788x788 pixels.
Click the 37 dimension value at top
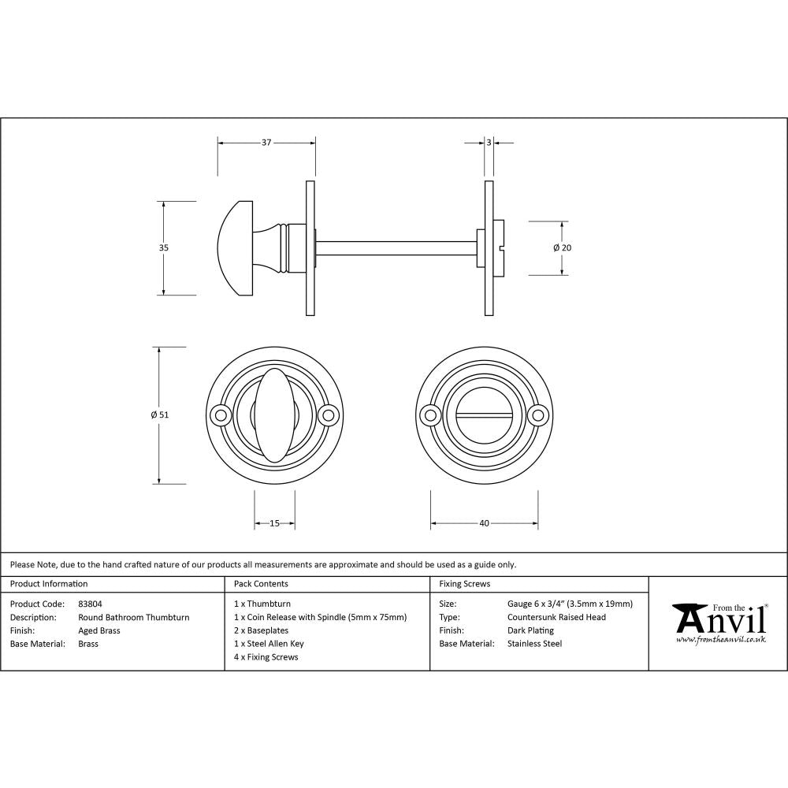click(x=266, y=143)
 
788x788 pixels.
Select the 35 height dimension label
click(x=164, y=247)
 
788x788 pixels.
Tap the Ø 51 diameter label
click(x=160, y=414)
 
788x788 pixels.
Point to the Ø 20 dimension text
click(x=562, y=247)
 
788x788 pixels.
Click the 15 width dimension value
click(x=274, y=523)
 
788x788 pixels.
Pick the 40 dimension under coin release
click(x=484, y=523)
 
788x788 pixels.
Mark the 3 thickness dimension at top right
click(x=489, y=143)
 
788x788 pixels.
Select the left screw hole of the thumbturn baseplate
click(x=220, y=414)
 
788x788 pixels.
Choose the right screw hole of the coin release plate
click(x=539, y=414)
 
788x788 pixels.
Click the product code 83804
click(x=91, y=604)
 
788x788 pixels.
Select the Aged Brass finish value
click(x=99, y=630)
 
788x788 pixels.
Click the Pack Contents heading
click(x=261, y=584)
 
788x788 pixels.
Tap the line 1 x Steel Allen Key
click(x=269, y=644)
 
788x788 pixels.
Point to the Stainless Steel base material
click(x=534, y=644)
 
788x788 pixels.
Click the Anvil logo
click(x=719, y=622)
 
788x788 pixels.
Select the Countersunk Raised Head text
click(x=556, y=617)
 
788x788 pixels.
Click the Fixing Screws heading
click(x=464, y=584)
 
